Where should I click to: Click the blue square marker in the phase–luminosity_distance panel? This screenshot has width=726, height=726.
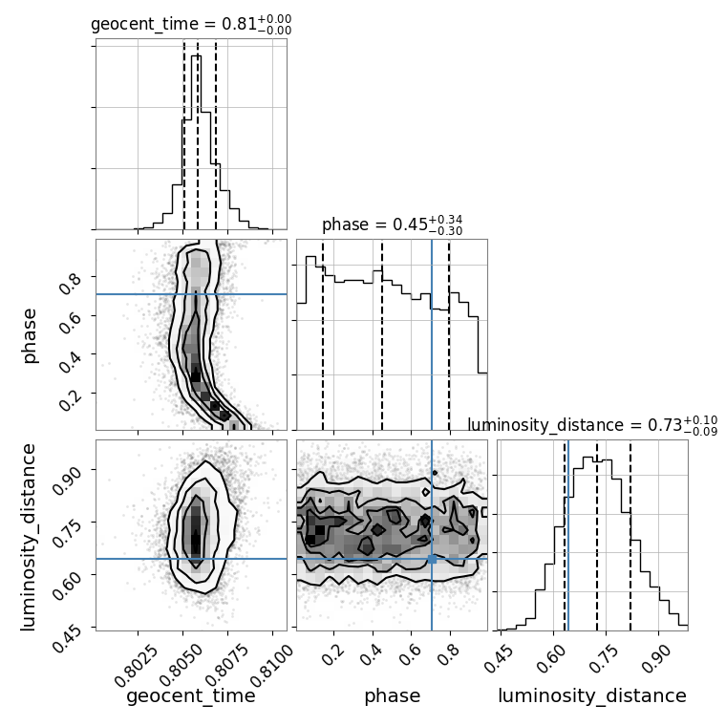[x=432, y=560]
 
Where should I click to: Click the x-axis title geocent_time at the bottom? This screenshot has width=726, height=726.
[x=191, y=695]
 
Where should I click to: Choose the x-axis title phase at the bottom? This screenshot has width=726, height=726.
[x=393, y=696]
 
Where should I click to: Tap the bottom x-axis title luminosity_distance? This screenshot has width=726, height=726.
[x=592, y=695]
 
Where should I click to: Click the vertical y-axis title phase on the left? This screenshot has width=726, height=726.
[x=29, y=336]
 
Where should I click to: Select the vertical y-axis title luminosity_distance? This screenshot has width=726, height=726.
[x=28, y=537]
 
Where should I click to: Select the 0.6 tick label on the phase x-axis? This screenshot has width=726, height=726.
[x=410, y=655]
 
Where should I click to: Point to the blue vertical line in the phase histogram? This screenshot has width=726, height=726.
[x=432, y=334]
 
